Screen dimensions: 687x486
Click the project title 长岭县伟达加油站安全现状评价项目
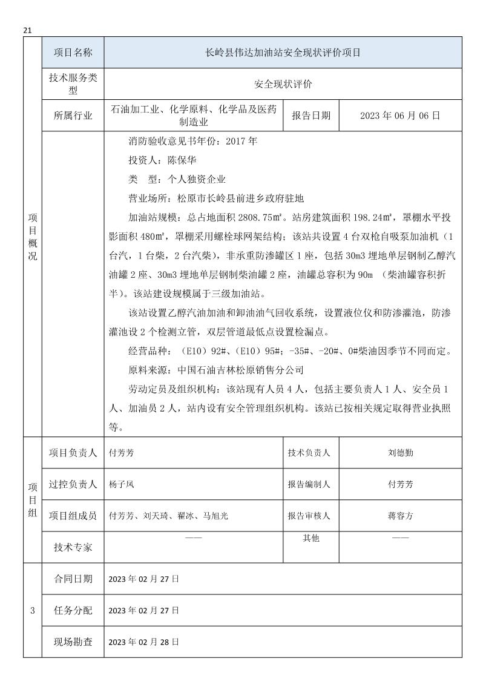click(283, 53)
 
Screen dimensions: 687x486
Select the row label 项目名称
click(73, 53)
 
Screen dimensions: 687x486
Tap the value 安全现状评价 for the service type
click(283, 85)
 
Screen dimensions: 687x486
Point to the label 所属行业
click(73, 116)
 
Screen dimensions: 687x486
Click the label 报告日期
click(311, 116)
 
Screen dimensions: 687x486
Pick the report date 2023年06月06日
click(399, 116)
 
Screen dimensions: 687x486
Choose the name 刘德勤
click(401, 453)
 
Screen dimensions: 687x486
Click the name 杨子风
click(121, 484)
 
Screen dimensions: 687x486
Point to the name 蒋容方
click(401, 516)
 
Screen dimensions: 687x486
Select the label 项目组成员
click(73, 516)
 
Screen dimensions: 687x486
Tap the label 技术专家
click(73, 547)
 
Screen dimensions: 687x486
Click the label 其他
click(311, 538)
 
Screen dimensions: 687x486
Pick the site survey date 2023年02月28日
click(143, 642)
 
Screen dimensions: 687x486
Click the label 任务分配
click(73, 610)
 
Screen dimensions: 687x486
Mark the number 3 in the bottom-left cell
click(32, 610)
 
